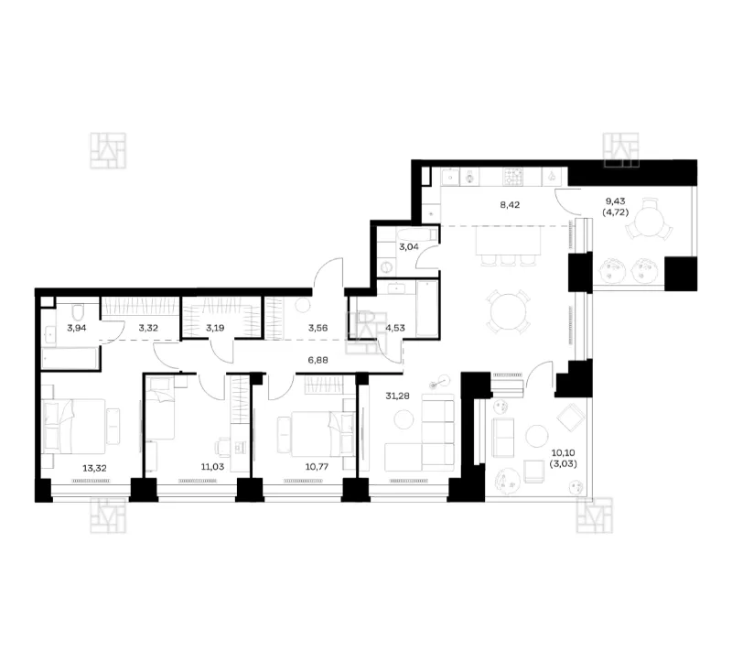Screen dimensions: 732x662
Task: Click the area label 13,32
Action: (x=94, y=468)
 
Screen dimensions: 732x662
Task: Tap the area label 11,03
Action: (x=212, y=466)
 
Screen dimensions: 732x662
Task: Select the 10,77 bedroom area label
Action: (x=317, y=466)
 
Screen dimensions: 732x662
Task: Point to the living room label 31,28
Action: (x=397, y=396)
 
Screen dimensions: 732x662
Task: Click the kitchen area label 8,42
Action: (x=510, y=204)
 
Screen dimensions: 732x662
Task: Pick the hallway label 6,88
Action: (x=318, y=360)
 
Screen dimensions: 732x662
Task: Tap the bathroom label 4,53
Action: (x=395, y=328)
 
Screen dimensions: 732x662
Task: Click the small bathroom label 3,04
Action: (x=409, y=246)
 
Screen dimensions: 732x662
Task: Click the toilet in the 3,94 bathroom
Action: (x=77, y=310)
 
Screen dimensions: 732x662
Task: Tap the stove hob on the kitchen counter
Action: (x=513, y=177)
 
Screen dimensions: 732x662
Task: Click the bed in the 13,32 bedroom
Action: (x=74, y=426)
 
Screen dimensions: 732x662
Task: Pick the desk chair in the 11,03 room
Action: (x=222, y=447)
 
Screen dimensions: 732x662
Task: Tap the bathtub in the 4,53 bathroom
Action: (x=427, y=309)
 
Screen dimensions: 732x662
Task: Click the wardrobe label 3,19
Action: (x=215, y=328)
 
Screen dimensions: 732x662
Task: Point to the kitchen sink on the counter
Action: (x=450, y=177)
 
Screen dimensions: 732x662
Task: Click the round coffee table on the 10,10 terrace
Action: (x=537, y=437)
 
